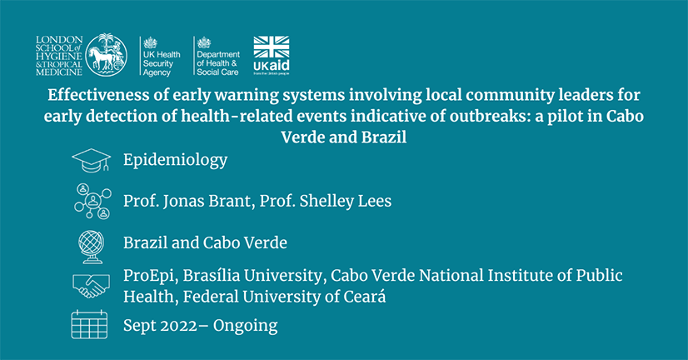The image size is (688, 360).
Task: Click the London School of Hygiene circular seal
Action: [106, 55]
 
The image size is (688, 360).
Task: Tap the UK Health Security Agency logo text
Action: [162, 63]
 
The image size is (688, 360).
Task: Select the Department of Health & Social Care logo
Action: [218, 56]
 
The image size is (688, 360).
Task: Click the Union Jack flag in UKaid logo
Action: [272, 47]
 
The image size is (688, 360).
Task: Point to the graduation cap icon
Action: [92, 161]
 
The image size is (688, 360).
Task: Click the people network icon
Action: [92, 201]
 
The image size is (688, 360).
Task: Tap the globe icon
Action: [92, 247]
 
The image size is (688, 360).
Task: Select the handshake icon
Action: [92, 286]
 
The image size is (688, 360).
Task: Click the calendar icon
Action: [89, 324]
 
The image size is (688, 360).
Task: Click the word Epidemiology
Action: [175, 160]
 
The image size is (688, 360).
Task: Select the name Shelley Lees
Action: [346, 201]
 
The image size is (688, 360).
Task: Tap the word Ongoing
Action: [245, 326]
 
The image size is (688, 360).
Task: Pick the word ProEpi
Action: [151, 276]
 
